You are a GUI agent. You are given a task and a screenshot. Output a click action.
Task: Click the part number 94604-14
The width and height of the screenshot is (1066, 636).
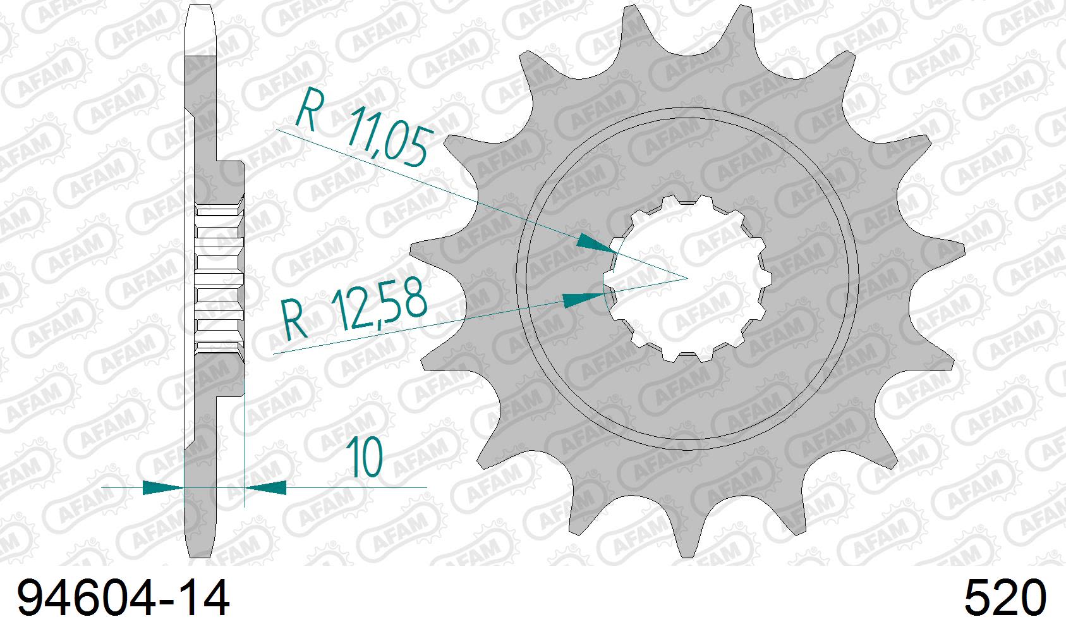[123, 599]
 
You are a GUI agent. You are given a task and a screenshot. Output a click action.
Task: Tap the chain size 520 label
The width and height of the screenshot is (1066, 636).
[1004, 599]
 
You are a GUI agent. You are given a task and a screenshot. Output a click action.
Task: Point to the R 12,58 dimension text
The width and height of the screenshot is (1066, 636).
[354, 312]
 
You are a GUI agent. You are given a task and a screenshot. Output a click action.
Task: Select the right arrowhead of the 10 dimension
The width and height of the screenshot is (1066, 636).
[265, 487]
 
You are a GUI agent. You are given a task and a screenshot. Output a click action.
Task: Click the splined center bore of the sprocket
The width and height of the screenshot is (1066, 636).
[687, 278]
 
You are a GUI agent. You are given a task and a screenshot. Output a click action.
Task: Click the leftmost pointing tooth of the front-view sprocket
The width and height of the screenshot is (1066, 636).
[417, 249]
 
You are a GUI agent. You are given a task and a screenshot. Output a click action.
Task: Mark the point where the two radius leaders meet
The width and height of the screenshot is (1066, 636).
[687, 278]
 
